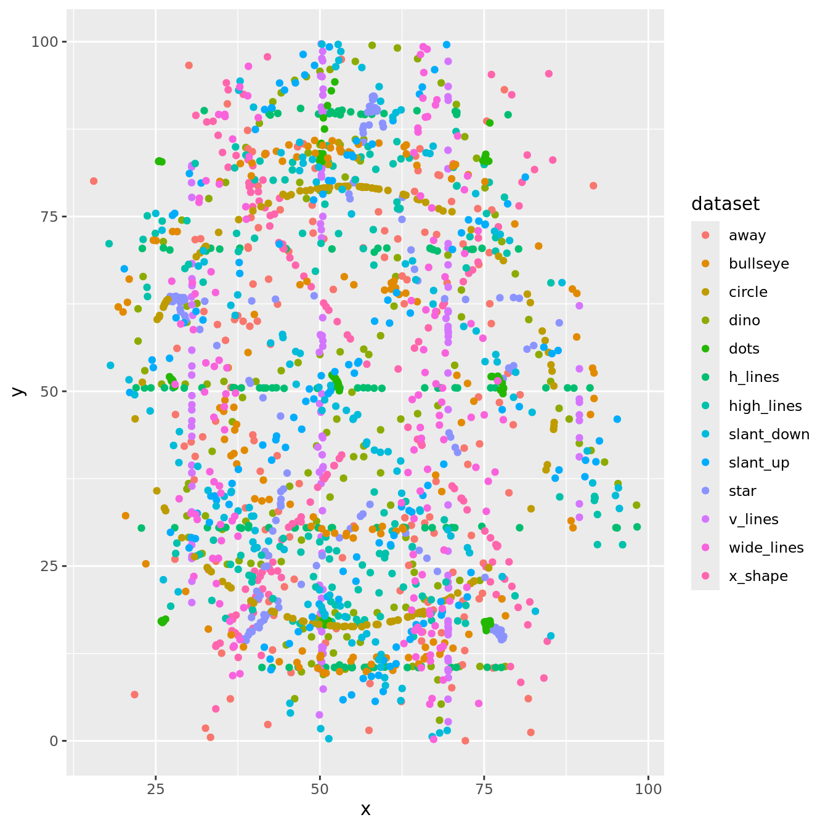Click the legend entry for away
click(747, 235)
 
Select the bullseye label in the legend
click(758, 264)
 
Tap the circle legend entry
click(748, 292)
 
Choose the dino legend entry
click(744, 320)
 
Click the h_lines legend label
click(753, 377)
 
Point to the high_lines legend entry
click(765, 405)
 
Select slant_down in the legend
click(769, 434)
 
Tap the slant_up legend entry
click(759, 463)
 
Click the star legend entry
click(742, 491)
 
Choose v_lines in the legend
click(753, 519)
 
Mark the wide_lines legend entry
click(766, 548)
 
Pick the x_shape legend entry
click(758, 576)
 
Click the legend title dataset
click(725, 204)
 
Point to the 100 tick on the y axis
click(45, 42)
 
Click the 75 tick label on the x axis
click(484, 790)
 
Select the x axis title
click(365, 810)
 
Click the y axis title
click(18, 391)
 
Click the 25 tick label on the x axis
click(155, 790)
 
